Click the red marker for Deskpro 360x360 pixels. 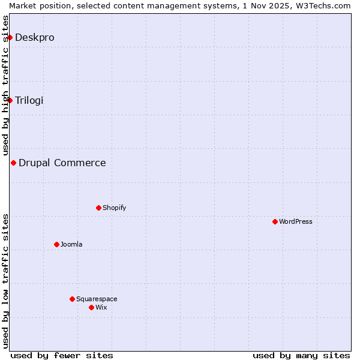[10, 38]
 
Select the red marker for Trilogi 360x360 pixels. [10, 100]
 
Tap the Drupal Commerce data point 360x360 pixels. [13, 163]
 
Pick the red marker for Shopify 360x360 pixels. [98, 208]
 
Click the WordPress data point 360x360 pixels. [275, 221]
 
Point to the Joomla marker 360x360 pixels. [56, 244]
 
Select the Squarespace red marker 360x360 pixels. [72, 299]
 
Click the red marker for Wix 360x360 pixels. [91, 307]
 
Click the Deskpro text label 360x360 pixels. [35, 38]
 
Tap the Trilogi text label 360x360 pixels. [29, 100]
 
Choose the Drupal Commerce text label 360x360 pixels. [62, 163]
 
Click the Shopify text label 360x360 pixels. [114, 208]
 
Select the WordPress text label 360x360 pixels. [296, 221]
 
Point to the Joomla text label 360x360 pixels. [71, 244]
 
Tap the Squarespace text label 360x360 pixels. [97, 299]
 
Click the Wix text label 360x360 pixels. [101, 307]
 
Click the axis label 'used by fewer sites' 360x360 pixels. [62, 355]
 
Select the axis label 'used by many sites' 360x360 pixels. [301, 355]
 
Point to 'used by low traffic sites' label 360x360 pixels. [6, 281]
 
